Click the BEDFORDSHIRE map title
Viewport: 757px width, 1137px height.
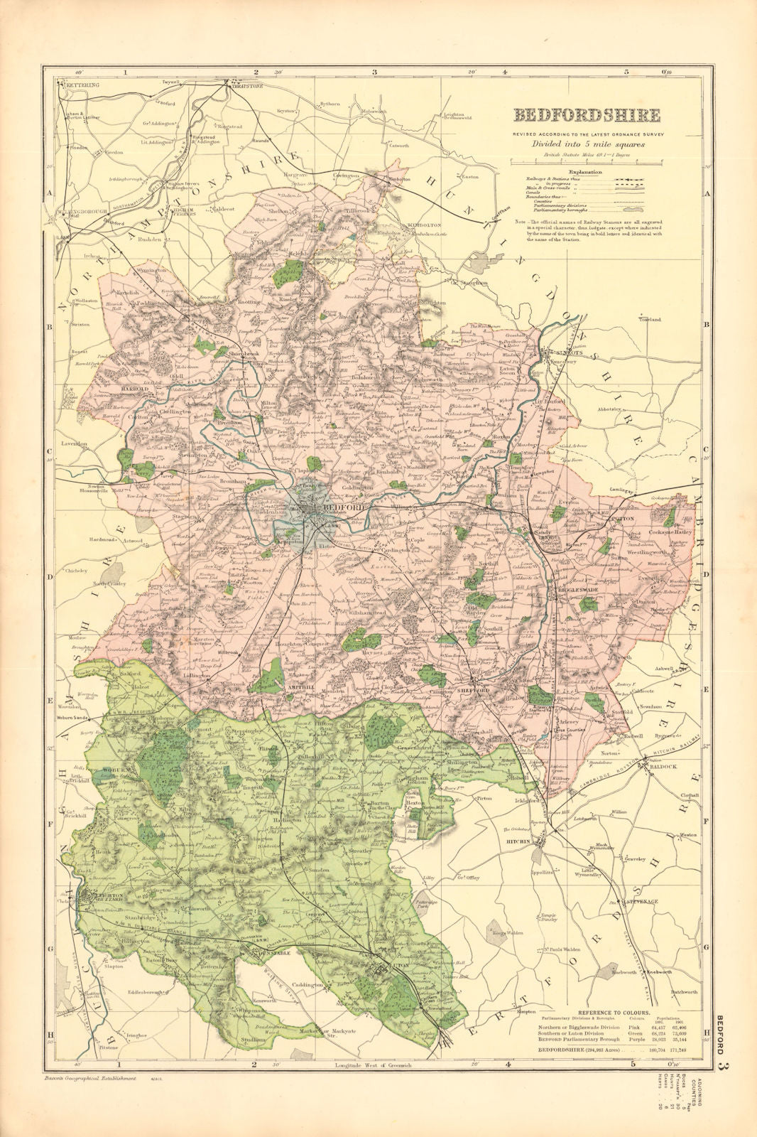[587, 115]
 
